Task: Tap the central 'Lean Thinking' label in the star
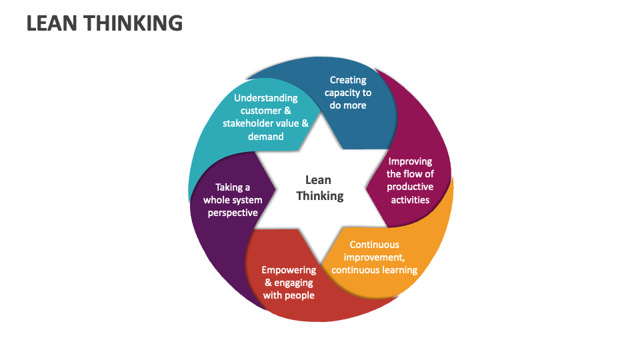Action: [319, 187]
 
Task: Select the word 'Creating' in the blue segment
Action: [348, 80]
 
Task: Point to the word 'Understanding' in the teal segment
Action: [266, 98]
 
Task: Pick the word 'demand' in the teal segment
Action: [266, 137]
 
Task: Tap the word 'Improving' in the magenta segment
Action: [410, 161]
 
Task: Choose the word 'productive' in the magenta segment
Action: [410, 187]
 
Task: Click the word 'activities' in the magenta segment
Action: [410, 199]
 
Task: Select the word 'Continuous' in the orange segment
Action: [374, 245]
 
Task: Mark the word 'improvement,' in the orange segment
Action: [374, 257]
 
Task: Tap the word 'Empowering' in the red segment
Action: [289, 270]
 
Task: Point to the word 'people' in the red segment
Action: [299, 295]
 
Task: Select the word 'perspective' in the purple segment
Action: [233, 213]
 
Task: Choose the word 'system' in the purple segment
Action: [247, 200]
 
